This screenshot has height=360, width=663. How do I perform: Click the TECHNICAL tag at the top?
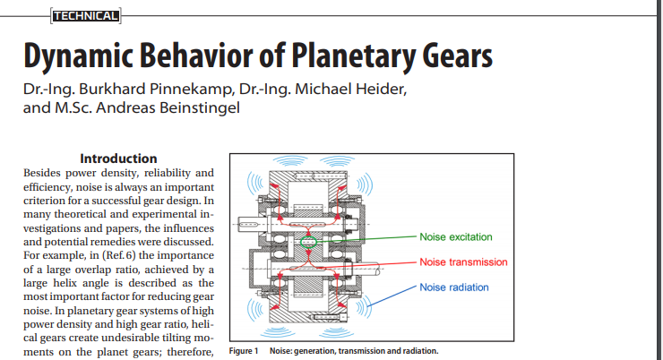[x=85, y=16]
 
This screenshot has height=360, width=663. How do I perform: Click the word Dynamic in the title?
[x=79, y=56]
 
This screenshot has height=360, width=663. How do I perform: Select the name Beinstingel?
[x=200, y=107]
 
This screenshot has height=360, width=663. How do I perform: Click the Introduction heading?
[x=118, y=159]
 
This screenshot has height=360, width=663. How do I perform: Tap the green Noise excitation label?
[x=456, y=237]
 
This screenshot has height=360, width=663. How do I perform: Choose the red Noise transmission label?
[x=463, y=262]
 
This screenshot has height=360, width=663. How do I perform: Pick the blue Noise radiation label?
[x=454, y=287]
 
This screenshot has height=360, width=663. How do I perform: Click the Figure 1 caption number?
[x=244, y=351]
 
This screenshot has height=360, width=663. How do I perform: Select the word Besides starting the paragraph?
[x=41, y=173]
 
